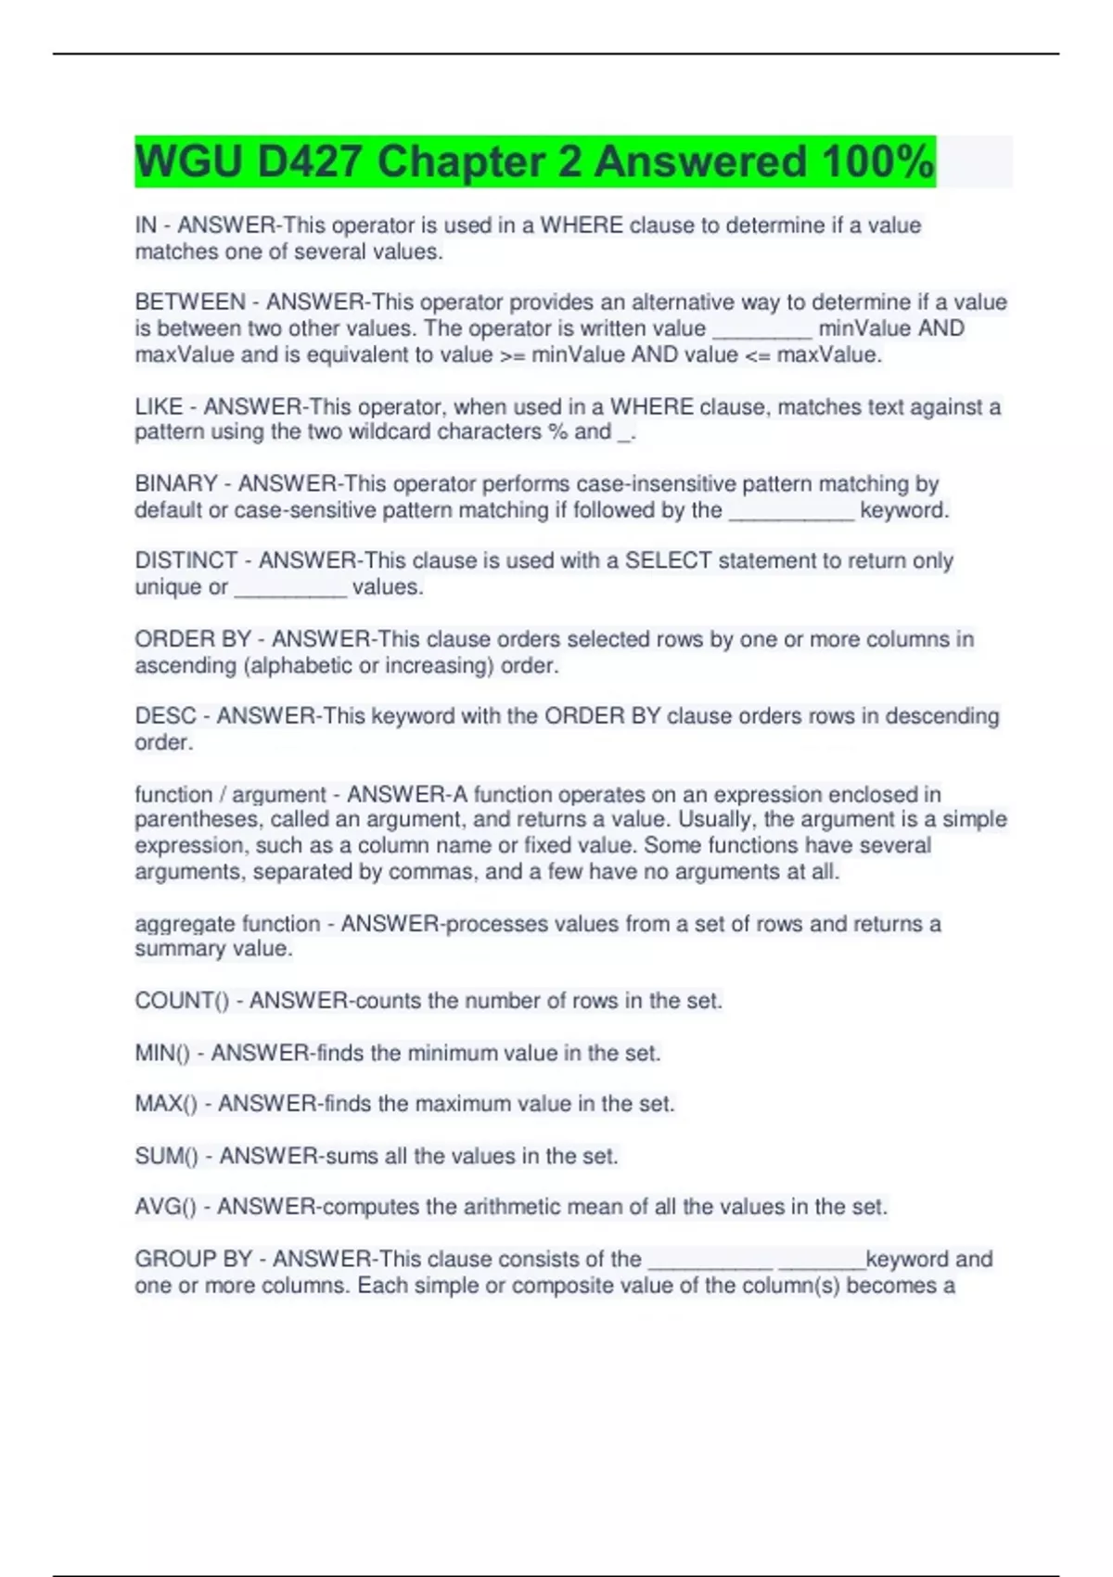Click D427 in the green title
point(310,161)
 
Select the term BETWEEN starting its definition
point(190,302)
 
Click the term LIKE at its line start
point(159,406)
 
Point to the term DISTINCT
point(186,560)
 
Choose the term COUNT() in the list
point(182,1001)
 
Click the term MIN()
point(162,1053)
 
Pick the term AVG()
point(165,1207)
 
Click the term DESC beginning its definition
point(166,716)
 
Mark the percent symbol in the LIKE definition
point(557,432)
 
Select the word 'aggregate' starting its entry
point(181,924)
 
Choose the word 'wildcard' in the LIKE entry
point(390,432)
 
